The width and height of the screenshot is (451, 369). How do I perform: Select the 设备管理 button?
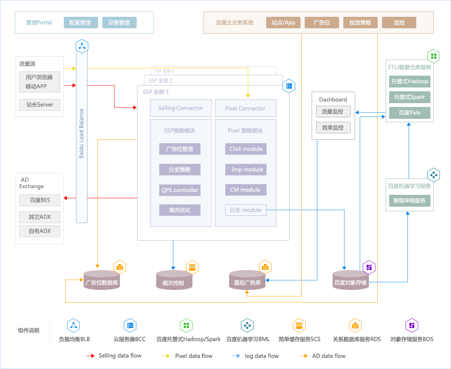[x=120, y=23]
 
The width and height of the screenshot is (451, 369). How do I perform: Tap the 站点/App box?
[x=283, y=23]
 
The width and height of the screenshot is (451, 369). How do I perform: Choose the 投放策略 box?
[x=360, y=23]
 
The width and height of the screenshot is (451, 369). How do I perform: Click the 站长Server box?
[x=40, y=105]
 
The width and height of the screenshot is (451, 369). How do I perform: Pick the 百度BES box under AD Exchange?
[x=40, y=200]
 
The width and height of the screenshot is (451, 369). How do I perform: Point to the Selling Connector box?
[x=181, y=108]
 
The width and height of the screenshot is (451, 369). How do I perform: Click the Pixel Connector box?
[x=246, y=108]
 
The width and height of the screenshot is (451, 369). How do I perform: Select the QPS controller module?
[x=180, y=190]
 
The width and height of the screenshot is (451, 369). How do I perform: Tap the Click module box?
[x=246, y=149]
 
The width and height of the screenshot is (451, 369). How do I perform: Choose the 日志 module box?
[x=246, y=210]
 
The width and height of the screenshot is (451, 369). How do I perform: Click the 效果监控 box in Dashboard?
[x=333, y=128]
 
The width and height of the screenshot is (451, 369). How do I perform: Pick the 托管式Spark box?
[x=410, y=97]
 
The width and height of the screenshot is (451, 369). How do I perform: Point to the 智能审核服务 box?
[x=410, y=201]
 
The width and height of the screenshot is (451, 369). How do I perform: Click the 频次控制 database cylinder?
[x=174, y=280]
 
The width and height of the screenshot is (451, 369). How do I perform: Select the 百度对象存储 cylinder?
[x=351, y=280]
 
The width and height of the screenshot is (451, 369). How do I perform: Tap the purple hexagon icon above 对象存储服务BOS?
[x=412, y=325]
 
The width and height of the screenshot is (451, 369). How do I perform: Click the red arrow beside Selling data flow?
[x=91, y=356]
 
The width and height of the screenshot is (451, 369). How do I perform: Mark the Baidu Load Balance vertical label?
[x=81, y=133]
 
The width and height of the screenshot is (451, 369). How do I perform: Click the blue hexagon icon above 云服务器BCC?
[x=130, y=325]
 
